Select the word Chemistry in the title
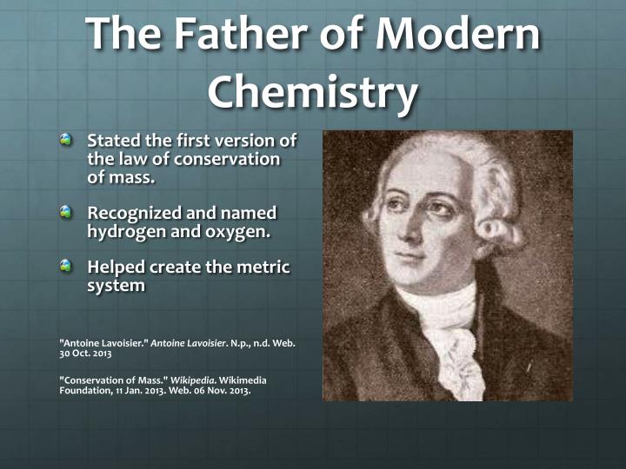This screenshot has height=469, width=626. (313, 93)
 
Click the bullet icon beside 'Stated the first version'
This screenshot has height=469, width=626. (67, 140)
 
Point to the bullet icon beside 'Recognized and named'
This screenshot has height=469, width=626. (67, 212)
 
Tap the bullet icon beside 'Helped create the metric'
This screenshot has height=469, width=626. (67, 268)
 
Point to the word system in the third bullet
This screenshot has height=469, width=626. (116, 286)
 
